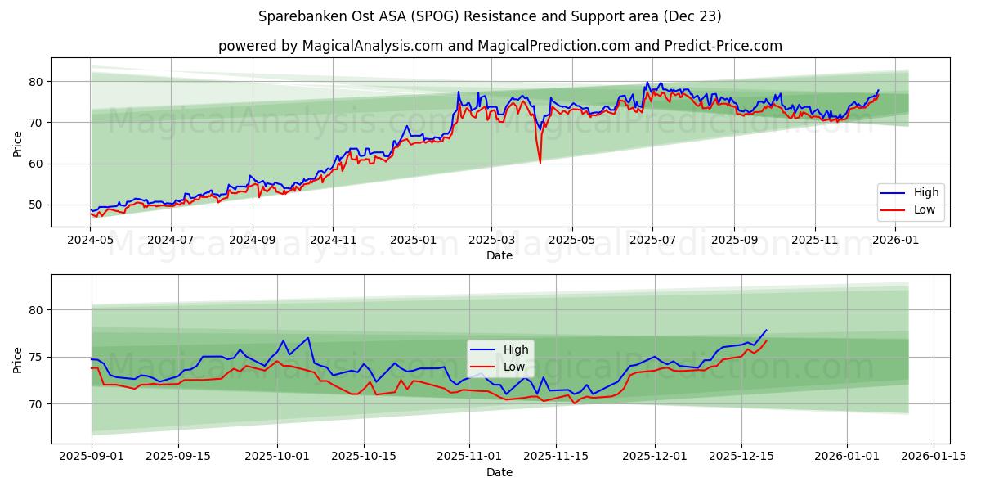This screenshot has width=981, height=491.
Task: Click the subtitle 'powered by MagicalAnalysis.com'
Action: click(x=499, y=46)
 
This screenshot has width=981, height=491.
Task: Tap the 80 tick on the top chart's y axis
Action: click(x=35, y=82)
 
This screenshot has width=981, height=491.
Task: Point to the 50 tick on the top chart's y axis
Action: click(x=35, y=205)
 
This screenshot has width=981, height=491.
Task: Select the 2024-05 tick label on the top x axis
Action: click(x=91, y=241)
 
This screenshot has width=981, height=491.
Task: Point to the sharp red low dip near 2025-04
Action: click(x=540, y=162)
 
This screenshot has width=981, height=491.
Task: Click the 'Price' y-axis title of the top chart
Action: click(x=18, y=142)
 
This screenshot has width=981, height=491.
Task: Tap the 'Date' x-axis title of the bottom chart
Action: click(x=499, y=472)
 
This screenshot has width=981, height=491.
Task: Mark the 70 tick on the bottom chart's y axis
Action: click(x=35, y=404)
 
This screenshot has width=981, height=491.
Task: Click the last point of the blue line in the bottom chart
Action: click(x=766, y=331)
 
